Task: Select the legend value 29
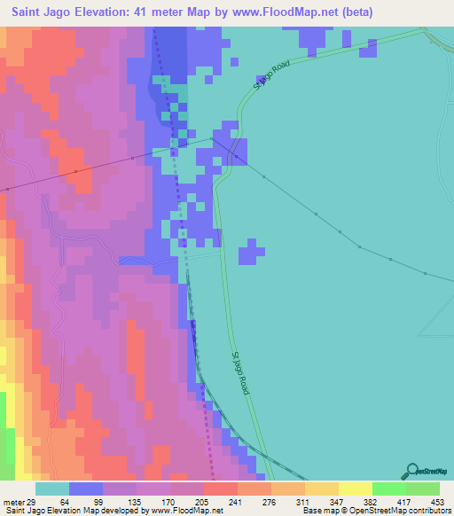(32, 503)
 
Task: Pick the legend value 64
(69, 503)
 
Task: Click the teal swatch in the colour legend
(51, 489)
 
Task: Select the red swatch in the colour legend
(220, 489)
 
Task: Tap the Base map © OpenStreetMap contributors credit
(375, 511)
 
